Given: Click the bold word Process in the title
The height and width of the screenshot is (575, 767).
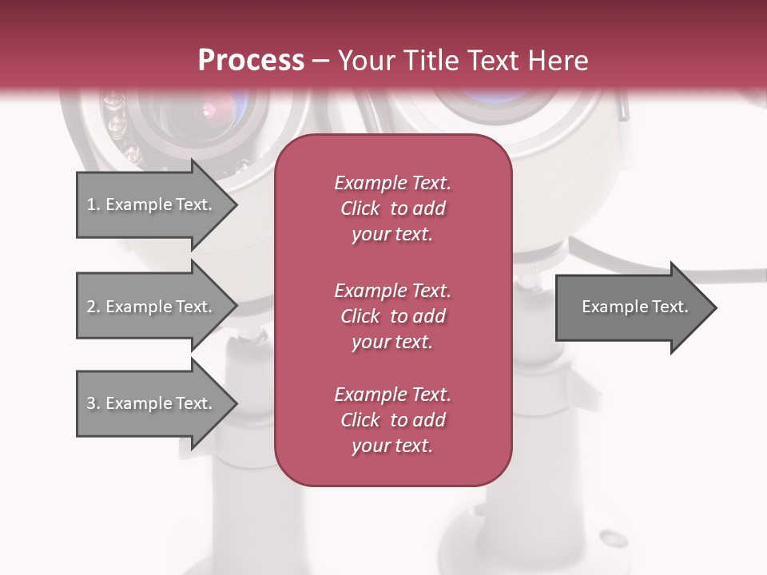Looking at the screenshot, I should (251, 61).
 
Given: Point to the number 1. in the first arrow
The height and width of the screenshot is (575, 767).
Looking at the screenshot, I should (93, 204).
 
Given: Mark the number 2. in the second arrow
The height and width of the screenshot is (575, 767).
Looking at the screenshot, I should (93, 307).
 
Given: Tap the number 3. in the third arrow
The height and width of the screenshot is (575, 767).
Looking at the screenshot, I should (93, 403).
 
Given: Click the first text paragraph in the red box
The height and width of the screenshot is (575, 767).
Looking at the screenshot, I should (392, 208).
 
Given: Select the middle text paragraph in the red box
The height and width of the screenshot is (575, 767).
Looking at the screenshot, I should (392, 316).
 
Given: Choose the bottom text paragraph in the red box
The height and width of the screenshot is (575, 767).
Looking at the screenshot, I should (392, 420).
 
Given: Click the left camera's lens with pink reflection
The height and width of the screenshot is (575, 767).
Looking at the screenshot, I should (209, 112).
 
